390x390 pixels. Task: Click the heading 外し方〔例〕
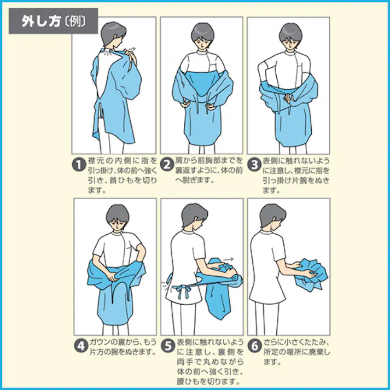pos(53,21)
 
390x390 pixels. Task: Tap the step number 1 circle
pos(79,164)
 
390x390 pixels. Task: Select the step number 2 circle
pos(167,164)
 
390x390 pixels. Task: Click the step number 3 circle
pos(254,164)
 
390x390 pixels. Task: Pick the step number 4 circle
pos(79,346)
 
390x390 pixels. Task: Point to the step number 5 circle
pos(167,346)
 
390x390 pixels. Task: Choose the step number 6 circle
pos(254,346)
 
